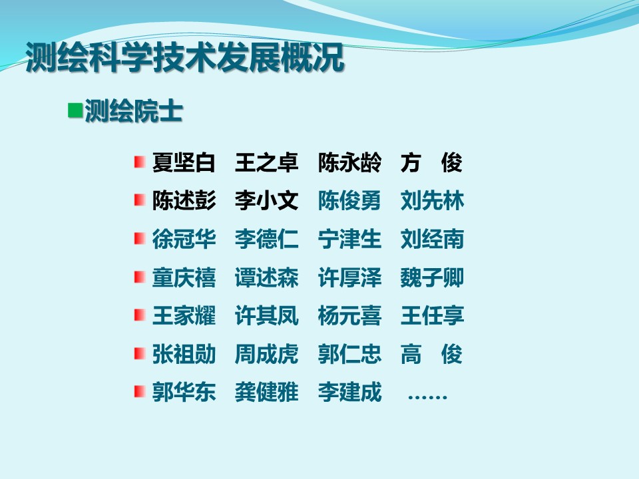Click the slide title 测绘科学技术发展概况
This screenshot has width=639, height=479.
(x=184, y=58)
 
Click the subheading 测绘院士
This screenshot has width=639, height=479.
(x=133, y=111)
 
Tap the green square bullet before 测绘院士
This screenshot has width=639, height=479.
(x=75, y=110)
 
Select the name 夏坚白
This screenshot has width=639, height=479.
(x=184, y=163)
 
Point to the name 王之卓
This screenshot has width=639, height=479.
(x=266, y=163)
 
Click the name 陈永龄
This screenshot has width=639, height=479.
(x=349, y=163)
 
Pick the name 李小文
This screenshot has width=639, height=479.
(x=266, y=201)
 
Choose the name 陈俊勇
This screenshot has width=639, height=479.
(x=349, y=201)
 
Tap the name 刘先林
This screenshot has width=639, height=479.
(x=433, y=201)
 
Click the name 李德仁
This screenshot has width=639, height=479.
(x=266, y=239)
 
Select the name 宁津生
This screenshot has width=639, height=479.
(x=349, y=239)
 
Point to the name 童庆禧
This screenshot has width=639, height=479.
(x=184, y=277)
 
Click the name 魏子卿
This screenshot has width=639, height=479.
(x=433, y=277)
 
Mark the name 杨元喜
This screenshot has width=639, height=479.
(x=349, y=315)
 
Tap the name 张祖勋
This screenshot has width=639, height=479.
(x=184, y=354)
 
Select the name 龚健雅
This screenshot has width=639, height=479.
(x=266, y=392)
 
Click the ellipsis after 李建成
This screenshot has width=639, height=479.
(x=427, y=397)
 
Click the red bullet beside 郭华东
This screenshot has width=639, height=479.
(x=140, y=391)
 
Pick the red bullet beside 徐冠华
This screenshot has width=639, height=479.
(x=140, y=238)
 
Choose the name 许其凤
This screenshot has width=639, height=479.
(x=266, y=315)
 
